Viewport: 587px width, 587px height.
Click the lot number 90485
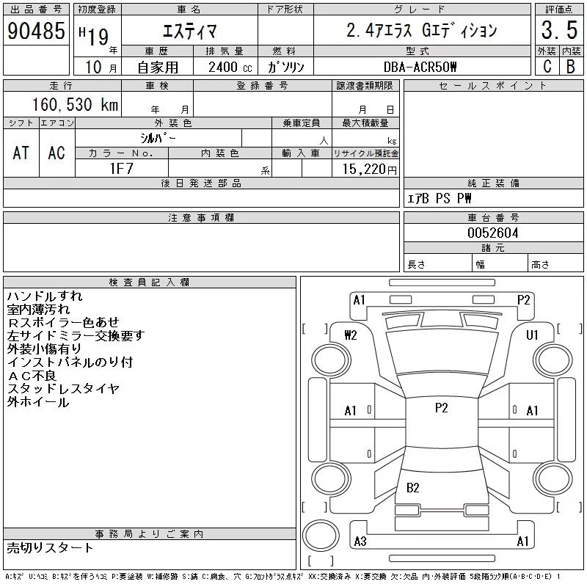(x=36, y=31)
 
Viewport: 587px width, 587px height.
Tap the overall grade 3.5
(x=559, y=30)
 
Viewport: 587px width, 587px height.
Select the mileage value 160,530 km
(x=75, y=105)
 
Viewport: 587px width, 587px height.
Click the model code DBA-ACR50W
(x=420, y=67)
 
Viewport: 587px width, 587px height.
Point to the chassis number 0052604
(x=492, y=233)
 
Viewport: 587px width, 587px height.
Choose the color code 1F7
(x=122, y=169)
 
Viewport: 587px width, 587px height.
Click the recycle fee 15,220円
(x=369, y=169)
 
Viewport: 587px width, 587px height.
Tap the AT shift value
(x=21, y=153)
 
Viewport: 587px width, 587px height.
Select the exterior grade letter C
(x=547, y=67)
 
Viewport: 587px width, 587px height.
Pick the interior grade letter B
(x=571, y=67)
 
